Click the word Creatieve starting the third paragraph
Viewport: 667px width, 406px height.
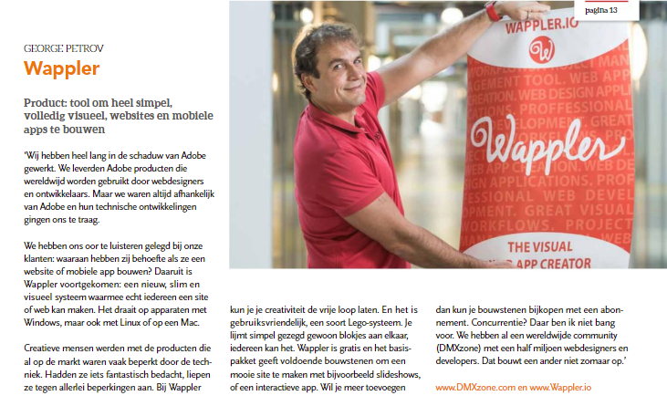[49, 349]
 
